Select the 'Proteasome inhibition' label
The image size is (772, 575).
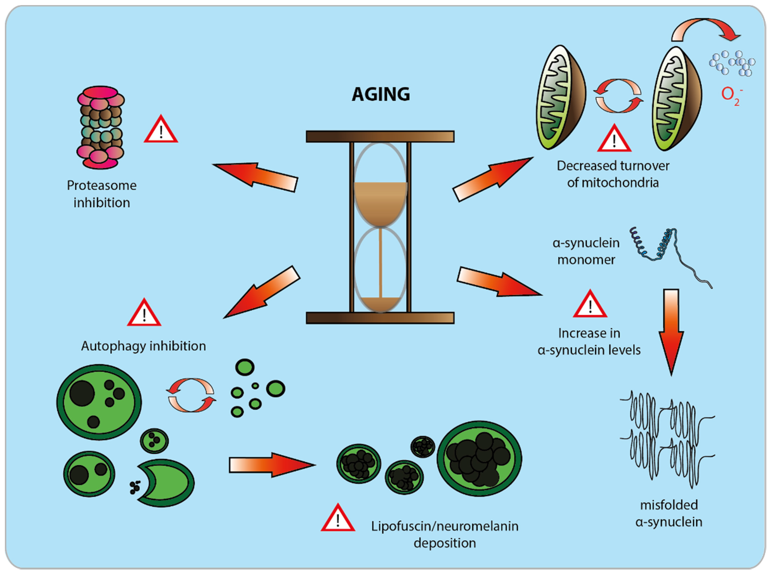pyautogui.click(x=102, y=194)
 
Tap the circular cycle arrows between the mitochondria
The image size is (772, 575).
pyautogui.click(x=618, y=96)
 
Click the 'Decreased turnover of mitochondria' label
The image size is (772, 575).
pyautogui.click(x=613, y=174)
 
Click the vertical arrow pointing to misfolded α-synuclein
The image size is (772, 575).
pyautogui.click(x=671, y=331)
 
